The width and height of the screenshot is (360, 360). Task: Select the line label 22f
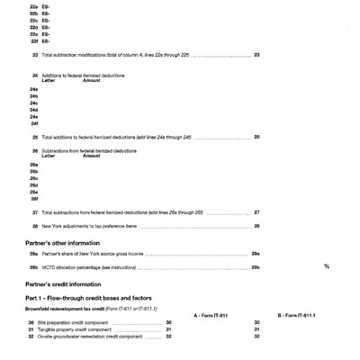point(33,40)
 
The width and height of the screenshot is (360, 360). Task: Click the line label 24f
point(33,122)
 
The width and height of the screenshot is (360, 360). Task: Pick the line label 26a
point(33,166)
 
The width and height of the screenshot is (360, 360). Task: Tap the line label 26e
point(33,191)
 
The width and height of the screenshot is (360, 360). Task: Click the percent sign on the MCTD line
point(326,266)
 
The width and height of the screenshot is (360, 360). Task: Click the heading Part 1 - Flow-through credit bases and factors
point(87,297)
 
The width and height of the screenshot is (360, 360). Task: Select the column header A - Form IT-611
point(212,314)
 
